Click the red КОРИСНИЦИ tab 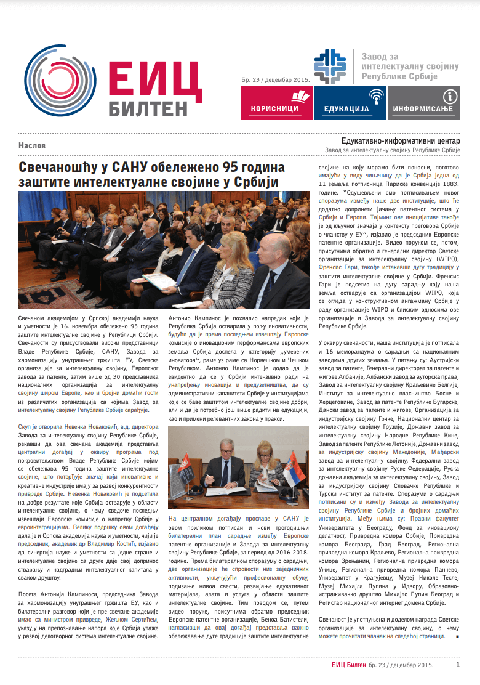(275, 103)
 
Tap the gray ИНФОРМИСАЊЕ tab (423, 103)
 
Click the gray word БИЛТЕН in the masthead (148, 108)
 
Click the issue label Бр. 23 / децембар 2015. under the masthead (275, 79)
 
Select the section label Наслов (31, 146)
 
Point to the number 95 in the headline (224, 167)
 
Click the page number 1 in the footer (457, 665)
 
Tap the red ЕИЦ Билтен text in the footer (348, 665)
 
